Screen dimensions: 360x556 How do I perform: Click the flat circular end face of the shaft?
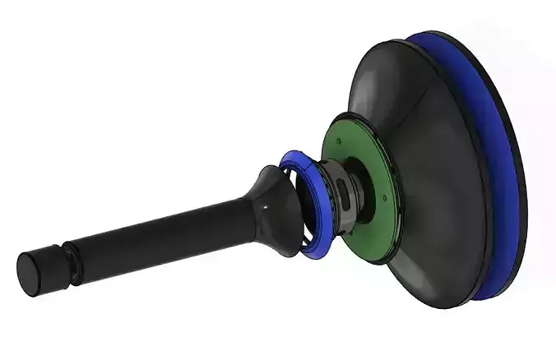[30, 275]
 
